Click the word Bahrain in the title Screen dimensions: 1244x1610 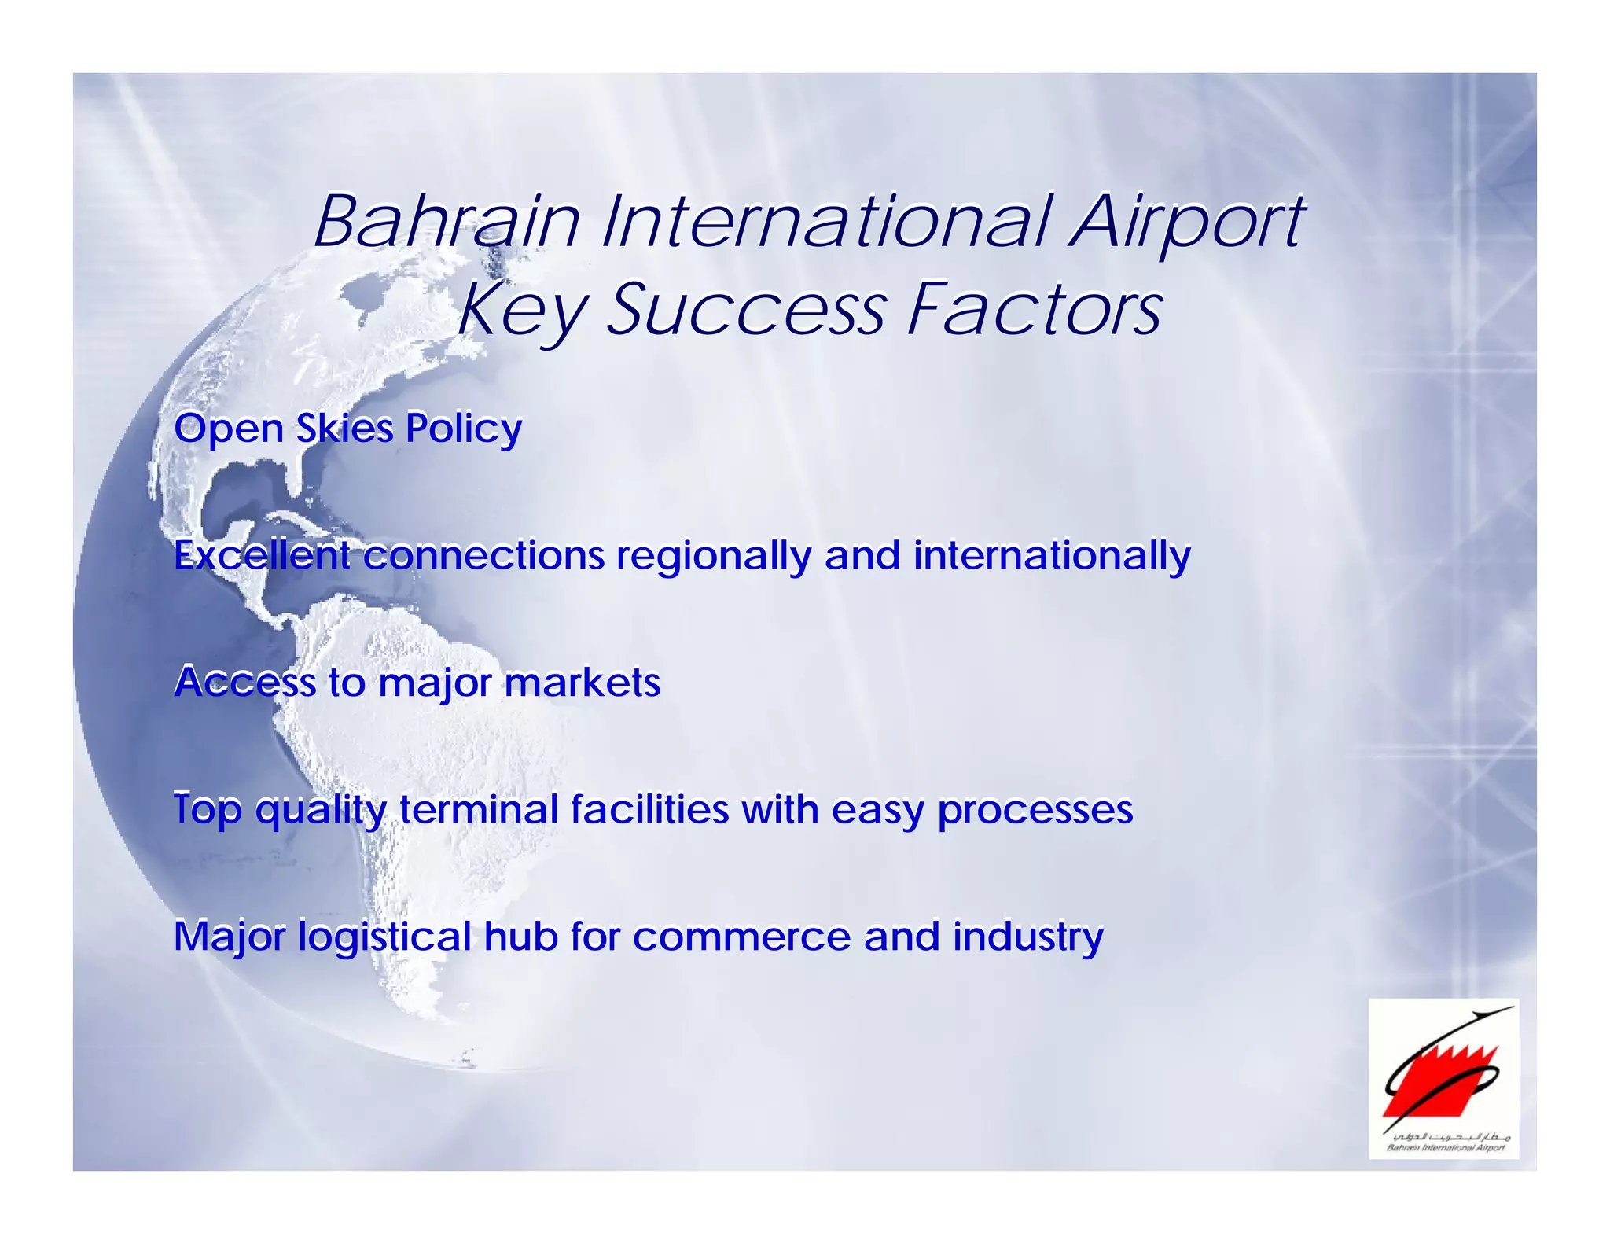click(x=447, y=222)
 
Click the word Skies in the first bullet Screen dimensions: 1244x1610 click(x=344, y=429)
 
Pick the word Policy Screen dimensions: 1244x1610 click(x=463, y=430)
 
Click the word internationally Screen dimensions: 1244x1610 click(x=1052, y=556)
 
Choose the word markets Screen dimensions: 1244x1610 click(x=582, y=683)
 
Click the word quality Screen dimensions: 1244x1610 click(x=322, y=810)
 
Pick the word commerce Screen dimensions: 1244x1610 click(x=741, y=937)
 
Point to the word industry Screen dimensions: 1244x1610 click(x=1028, y=937)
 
